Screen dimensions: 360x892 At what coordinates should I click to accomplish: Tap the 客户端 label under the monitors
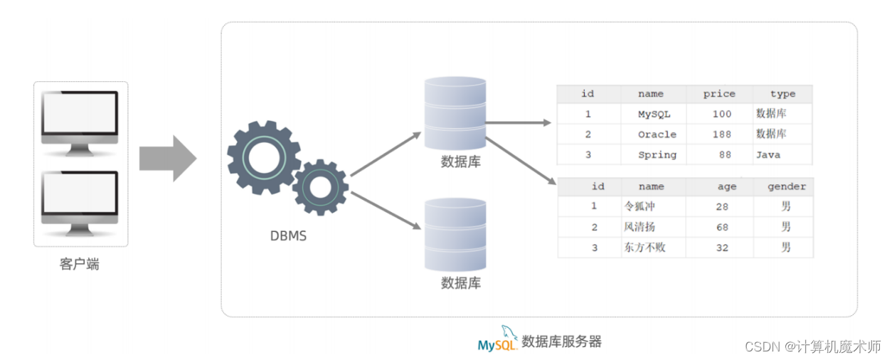80,265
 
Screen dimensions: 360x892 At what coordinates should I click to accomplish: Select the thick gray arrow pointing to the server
167,158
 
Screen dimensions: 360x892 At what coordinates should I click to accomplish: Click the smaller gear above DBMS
320,187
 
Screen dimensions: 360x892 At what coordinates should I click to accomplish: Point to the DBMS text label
288,235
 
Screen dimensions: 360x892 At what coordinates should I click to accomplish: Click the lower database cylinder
455,235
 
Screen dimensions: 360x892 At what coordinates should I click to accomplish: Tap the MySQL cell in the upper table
654,114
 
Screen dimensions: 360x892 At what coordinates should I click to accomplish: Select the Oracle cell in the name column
657,134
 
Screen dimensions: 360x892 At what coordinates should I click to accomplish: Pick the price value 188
721,134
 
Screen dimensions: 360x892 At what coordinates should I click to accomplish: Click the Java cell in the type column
768,155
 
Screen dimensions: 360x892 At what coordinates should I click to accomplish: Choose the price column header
719,94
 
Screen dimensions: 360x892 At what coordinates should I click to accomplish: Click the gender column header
786,186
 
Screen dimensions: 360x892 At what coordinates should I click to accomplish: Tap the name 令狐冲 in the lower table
638,207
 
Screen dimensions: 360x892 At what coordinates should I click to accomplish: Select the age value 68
723,228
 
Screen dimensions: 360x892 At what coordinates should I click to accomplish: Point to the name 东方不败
644,248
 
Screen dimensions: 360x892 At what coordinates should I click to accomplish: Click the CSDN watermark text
812,346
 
